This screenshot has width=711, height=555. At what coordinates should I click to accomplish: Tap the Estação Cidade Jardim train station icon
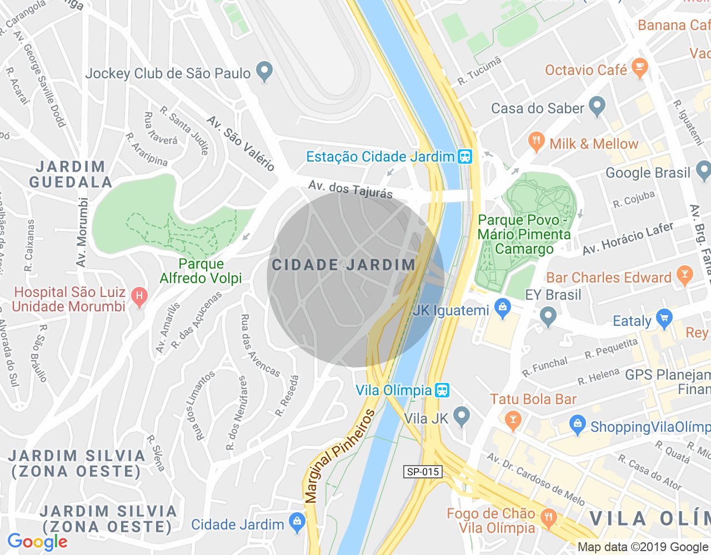pos(465,157)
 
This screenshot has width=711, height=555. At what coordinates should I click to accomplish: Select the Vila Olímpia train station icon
pos(442,390)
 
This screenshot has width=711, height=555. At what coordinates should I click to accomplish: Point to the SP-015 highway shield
pos(423,472)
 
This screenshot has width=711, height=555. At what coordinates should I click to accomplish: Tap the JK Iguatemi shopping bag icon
pos(502,309)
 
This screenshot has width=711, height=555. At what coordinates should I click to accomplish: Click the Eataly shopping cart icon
pos(664,319)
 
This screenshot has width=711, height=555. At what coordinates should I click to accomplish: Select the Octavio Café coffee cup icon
pos(639,68)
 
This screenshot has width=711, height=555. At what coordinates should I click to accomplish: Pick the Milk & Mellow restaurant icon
pos(536,142)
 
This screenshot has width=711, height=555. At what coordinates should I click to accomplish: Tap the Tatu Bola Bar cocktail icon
pos(513,420)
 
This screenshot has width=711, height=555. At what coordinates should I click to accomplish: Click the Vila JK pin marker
pos(461,416)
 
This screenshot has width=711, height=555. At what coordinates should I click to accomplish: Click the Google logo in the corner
pos(38,542)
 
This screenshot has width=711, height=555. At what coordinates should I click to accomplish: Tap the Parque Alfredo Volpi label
pos(201,271)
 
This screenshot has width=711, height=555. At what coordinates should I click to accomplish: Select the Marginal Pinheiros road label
pos(339,456)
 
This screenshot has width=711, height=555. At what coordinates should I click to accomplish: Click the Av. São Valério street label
pos(241,143)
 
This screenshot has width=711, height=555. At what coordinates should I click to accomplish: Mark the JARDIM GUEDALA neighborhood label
pos(71,174)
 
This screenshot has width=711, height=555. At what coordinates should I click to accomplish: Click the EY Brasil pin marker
pos(548,317)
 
